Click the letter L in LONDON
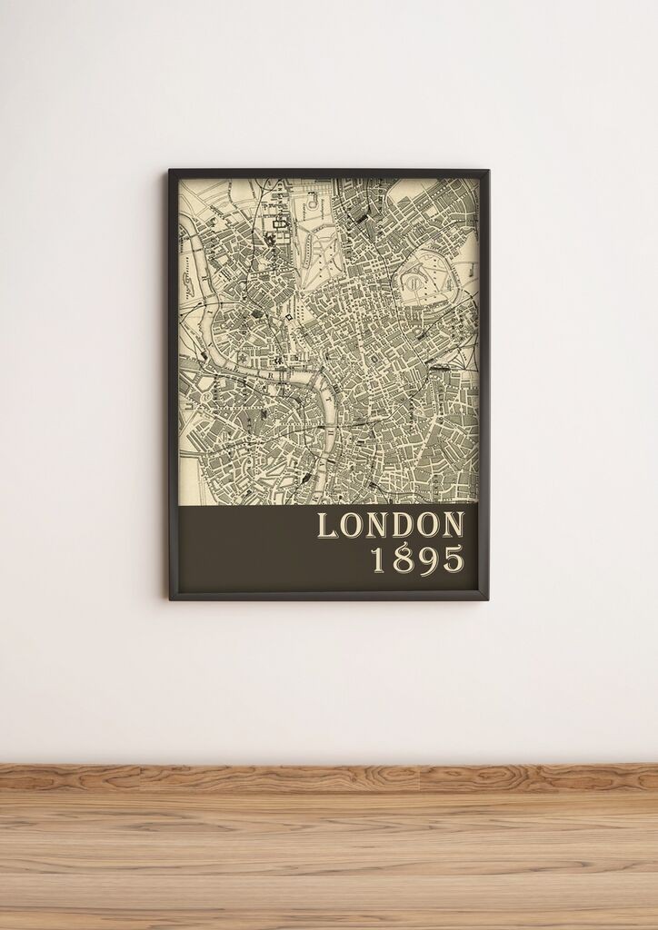click(326, 526)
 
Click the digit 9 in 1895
click(427, 559)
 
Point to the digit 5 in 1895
click(452, 559)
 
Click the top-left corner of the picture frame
click(170, 171)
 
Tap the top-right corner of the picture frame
click(487, 171)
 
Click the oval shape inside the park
click(414, 282)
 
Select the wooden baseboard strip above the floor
click(329, 777)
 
